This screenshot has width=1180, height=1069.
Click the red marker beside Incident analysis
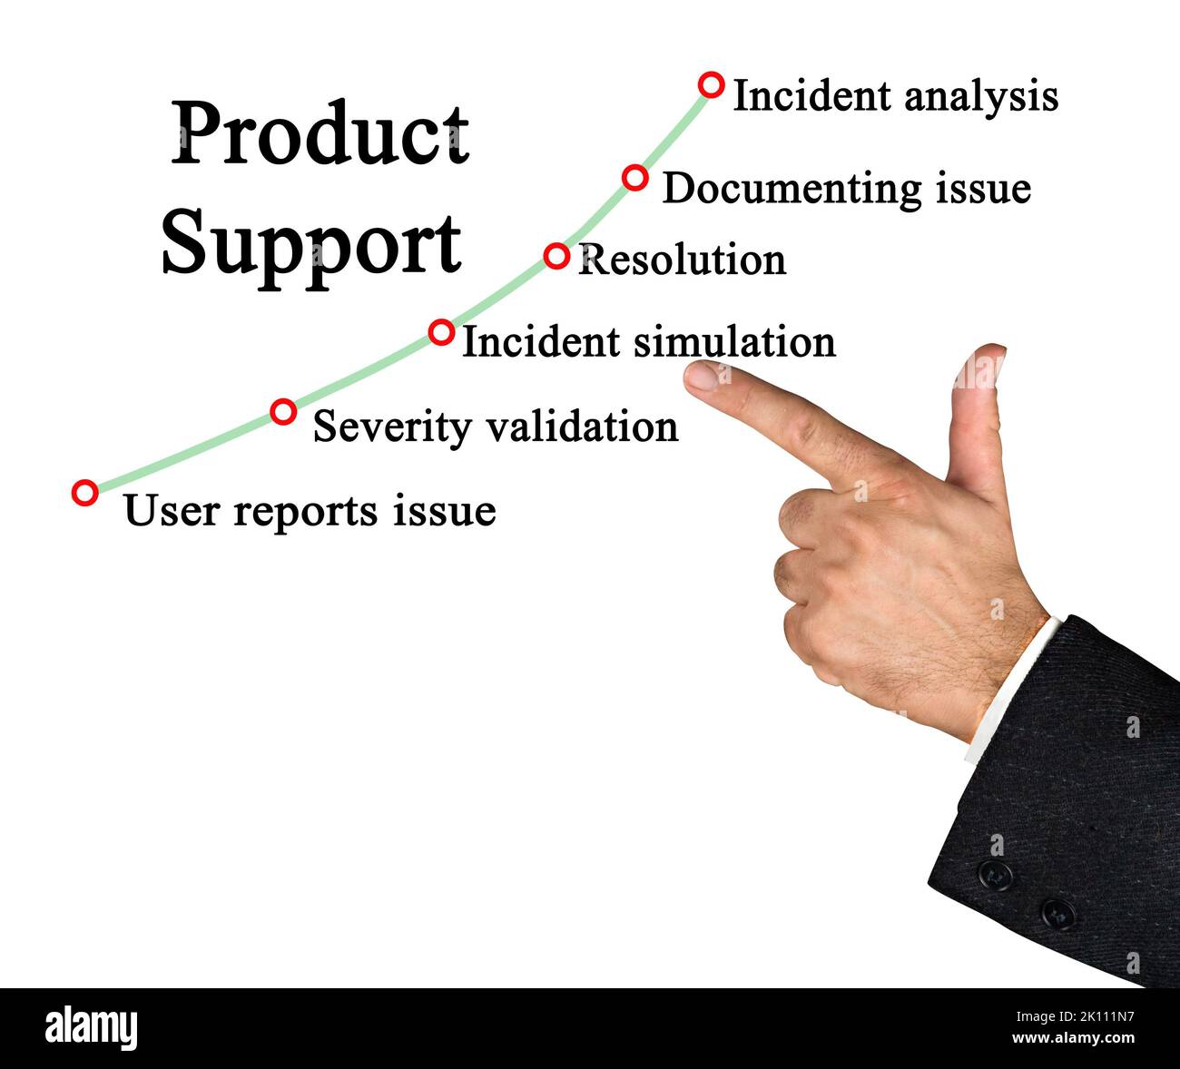tap(712, 85)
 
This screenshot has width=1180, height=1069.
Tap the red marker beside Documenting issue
tap(635, 177)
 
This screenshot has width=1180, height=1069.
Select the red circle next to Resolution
tap(556, 256)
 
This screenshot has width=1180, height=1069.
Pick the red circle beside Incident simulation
tap(441, 332)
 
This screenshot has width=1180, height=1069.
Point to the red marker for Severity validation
tap(284, 412)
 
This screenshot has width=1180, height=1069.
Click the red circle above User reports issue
tap(84, 493)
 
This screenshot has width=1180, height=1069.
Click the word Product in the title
tap(320, 133)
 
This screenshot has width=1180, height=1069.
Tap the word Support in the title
tap(311, 242)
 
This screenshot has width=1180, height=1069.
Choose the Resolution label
tap(682, 260)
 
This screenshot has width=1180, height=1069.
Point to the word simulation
tap(733, 342)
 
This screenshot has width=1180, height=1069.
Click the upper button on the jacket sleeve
tap(996, 875)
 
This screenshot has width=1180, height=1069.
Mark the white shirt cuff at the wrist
tap(1009, 690)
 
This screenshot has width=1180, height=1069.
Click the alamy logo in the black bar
tap(91, 1028)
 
